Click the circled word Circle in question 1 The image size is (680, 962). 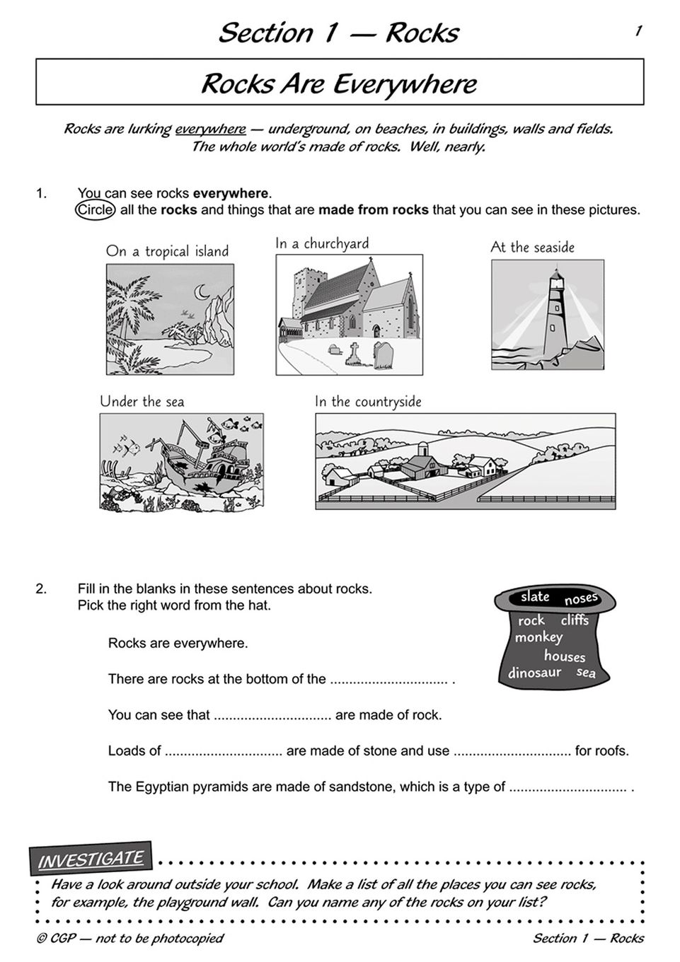[95, 210]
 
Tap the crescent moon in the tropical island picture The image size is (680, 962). [204, 291]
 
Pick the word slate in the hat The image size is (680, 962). [535, 596]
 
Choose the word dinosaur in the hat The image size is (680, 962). [534, 672]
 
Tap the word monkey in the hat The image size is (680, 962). [538, 637]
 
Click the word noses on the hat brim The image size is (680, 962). [581, 599]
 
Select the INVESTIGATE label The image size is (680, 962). [91, 859]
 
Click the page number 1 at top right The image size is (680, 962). [638, 30]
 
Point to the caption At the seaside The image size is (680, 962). [532, 247]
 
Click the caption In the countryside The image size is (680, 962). [368, 402]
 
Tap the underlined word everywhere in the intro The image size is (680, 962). [210, 129]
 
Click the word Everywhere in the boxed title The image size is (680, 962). [405, 83]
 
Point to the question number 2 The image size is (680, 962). [41, 589]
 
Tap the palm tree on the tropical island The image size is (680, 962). [127, 301]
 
